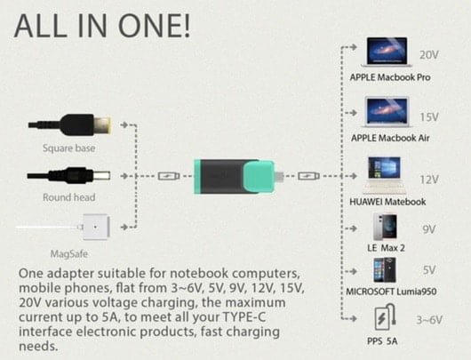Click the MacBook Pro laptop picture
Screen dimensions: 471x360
click(x=387, y=52)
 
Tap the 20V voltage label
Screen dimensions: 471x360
click(x=429, y=55)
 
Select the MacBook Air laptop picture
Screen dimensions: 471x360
click(x=387, y=111)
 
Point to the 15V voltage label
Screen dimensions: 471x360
click(x=429, y=117)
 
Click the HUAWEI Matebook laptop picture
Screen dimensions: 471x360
click(x=384, y=175)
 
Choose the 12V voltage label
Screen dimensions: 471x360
click(x=429, y=180)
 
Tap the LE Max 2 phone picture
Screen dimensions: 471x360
click(x=385, y=227)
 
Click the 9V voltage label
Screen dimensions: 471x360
click(x=429, y=229)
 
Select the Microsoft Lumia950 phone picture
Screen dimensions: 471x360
click(x=385, y=270)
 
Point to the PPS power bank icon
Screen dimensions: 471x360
click(x=385, y=317)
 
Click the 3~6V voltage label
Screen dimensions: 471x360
click(x=429, y=320)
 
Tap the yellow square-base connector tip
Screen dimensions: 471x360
click(x=102, y=124)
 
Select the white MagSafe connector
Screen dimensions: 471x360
click(x=96, y=227)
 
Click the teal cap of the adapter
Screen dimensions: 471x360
click(x=259, y=176)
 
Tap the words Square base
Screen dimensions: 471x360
click(x=68, y=148)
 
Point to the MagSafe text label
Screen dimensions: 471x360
click(x=68, y=254)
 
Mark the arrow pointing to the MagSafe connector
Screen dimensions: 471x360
click(x=124, y=227)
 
